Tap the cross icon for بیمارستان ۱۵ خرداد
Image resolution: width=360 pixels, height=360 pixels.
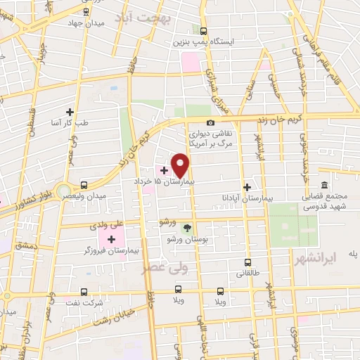[x=165, y=169]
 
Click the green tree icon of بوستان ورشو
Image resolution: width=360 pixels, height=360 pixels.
[x=186, y=227]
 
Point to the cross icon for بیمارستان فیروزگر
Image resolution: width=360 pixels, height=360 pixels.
[x=111, y=240]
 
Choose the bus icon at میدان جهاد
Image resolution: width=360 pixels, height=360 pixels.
[x=85, y=11]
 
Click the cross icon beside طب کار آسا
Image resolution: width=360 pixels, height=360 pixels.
[x=69, y=111]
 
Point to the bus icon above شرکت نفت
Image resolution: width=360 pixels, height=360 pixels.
[x=85, y=290]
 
